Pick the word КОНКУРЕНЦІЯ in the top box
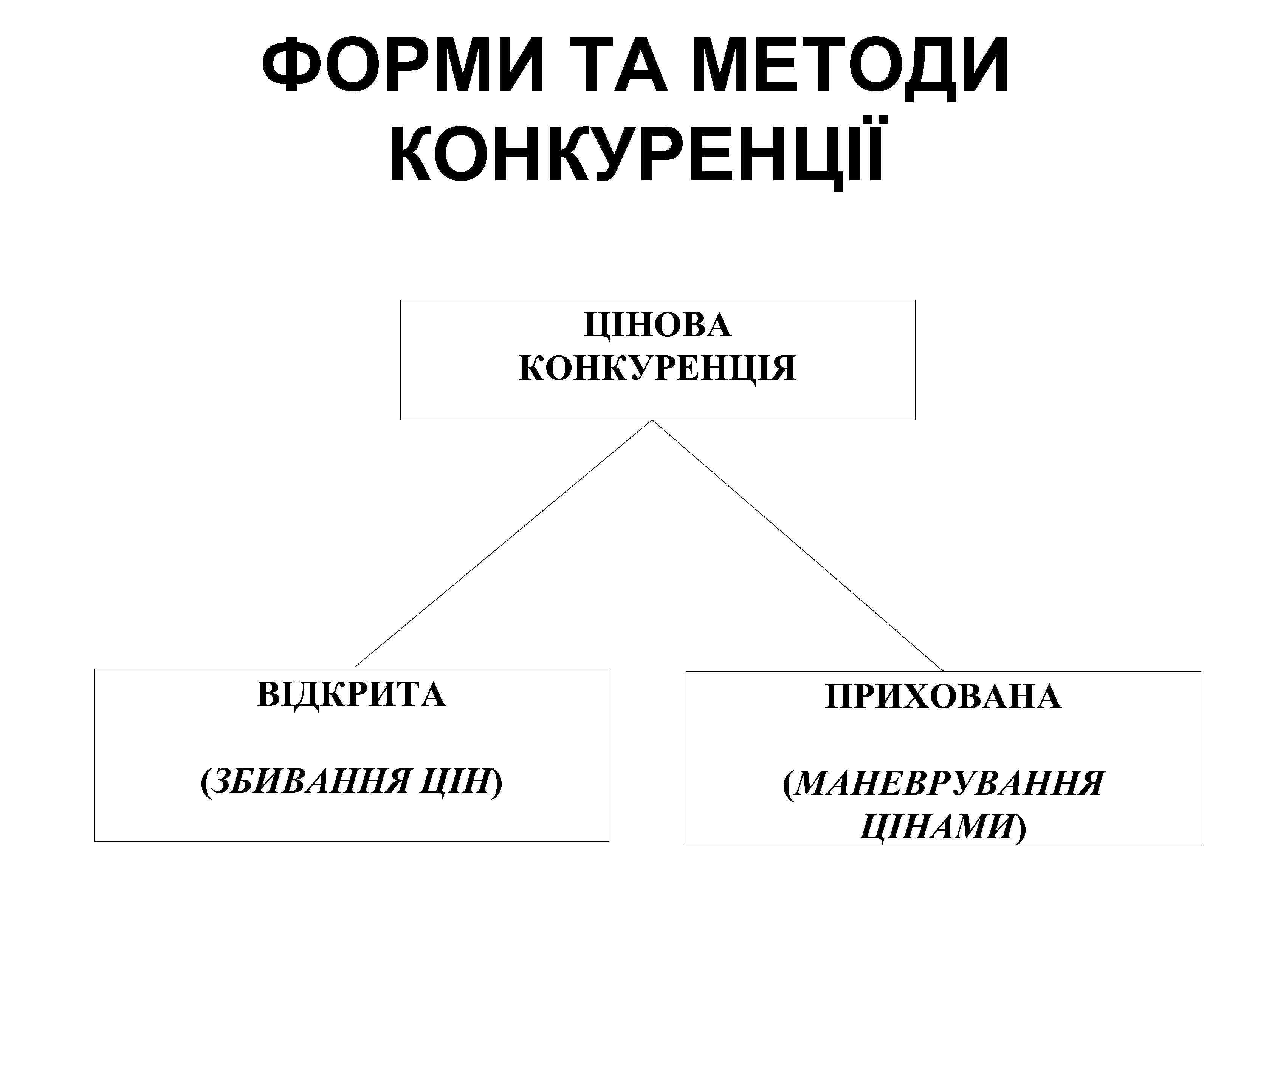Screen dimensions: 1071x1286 [x=657, y=368]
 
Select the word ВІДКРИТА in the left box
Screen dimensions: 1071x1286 [x=351, y=695]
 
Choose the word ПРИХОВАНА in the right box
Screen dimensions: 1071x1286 [x=943, y=697]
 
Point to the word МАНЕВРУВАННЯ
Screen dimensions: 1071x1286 [x=949, y=784]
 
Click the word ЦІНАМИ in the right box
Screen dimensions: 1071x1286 [x=937, y=827]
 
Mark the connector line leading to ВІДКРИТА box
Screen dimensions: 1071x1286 [x=504, y=544]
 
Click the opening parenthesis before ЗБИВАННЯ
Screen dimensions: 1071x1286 [x=205, y=782]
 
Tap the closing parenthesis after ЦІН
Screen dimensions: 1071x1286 [x=497, y=782]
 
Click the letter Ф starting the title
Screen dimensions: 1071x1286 [x=285, y=64]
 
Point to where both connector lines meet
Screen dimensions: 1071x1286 [x=652, y=420]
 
